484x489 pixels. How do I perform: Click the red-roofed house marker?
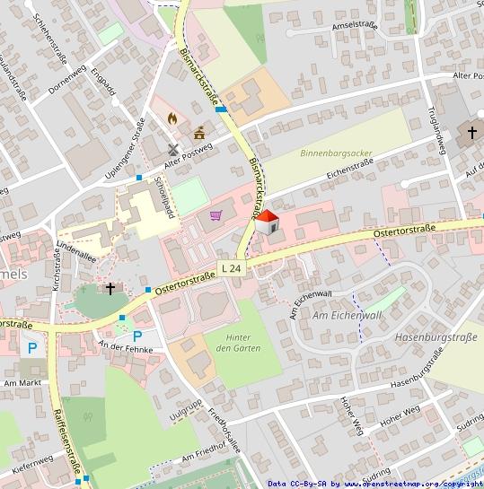click(x=267, y=223)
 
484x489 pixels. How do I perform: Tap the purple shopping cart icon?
click(x=216, y=215)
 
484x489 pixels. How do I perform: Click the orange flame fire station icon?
click(x=172, y=118)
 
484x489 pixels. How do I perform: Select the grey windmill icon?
click(x=173, y=150)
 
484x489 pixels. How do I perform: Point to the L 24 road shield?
click(x=231, y=268)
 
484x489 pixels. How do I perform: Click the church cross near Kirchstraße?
click(x=110, y=289)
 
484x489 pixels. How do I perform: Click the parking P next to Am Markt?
click(x=32, y=348)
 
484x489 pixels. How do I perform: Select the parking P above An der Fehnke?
click(x=137, y=336)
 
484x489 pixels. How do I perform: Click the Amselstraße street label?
click(x=354, y=26)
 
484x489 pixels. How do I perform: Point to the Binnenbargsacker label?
click(x=335, y=153)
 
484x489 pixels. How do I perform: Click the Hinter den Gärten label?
click(x=238, y=341)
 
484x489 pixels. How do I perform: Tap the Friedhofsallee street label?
click(x=225, y=431)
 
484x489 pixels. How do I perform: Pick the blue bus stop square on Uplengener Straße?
click(x=139, y=178)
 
